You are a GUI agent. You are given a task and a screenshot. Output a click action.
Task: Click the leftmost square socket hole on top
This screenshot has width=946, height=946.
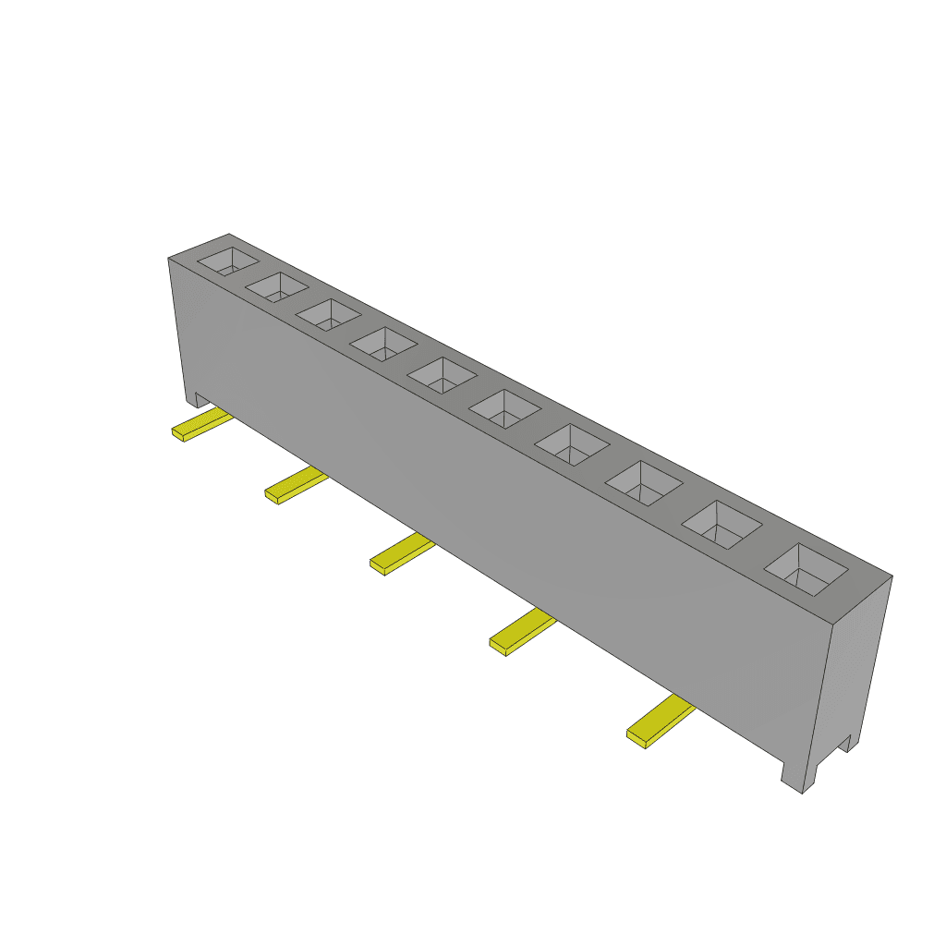[227, 261]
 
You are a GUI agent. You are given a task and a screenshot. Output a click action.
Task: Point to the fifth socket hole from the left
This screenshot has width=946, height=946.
[442, 375]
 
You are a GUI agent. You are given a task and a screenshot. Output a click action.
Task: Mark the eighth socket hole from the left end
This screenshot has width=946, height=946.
[643, 483]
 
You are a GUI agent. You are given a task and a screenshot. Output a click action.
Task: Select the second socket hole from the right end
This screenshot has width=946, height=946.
[722, 525]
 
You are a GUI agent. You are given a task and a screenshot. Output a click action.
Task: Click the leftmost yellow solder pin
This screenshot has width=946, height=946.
[201, 425]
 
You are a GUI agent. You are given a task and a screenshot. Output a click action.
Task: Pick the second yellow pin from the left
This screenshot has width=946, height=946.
[295, 486]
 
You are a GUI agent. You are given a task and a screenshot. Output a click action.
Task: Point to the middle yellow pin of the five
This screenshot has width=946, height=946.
[401, 555]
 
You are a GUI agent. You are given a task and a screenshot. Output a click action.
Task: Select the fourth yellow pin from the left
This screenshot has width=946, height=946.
[521, 634]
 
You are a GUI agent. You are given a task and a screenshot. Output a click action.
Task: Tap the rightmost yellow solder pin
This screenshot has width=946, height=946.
[659, 722]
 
